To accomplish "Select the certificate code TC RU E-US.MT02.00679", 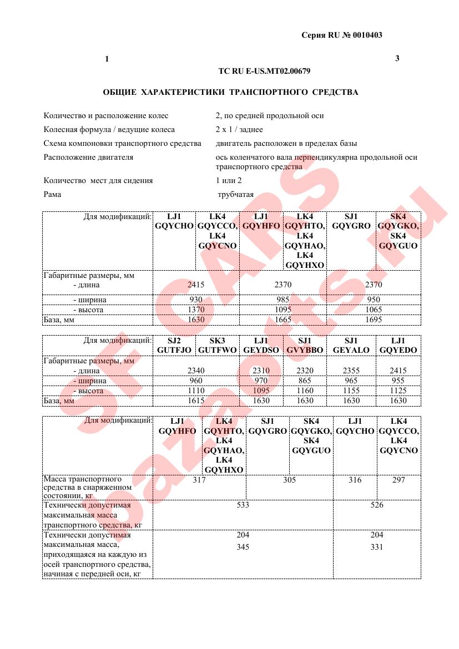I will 264,71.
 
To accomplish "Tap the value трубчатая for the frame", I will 236,194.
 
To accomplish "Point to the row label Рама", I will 52,194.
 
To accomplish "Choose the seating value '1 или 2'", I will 229,180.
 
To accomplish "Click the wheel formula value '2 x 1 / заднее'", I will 239,129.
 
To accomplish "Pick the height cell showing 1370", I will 196,310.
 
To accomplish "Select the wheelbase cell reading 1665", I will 283,320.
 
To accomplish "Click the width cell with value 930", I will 196,300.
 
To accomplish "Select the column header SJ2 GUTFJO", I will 174,346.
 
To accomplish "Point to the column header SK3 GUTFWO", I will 217,346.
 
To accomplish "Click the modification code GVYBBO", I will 305,351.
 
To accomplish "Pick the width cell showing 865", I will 305,381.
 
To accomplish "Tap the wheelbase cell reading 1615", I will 196,400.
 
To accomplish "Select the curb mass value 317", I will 199,480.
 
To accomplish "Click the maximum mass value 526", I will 376,505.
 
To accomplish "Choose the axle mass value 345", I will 243,547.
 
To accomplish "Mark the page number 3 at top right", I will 397,58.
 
